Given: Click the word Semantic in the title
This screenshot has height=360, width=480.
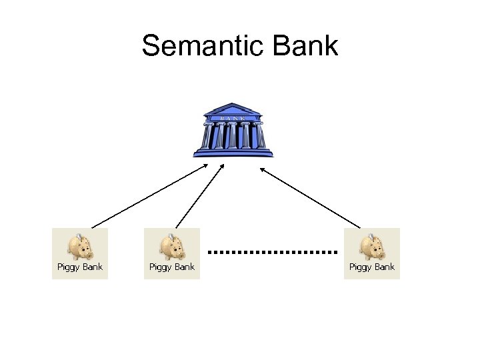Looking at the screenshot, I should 200,47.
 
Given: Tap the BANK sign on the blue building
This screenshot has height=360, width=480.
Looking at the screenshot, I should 233,117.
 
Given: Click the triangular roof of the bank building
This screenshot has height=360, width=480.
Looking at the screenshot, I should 233,109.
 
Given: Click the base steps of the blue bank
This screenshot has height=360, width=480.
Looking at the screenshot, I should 233,153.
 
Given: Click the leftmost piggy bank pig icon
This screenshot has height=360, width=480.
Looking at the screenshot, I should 80,247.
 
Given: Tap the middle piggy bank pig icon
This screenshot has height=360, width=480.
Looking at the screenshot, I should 172,247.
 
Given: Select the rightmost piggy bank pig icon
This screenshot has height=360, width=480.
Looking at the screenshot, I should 372,247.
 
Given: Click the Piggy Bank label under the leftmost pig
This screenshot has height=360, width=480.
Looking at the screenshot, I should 80,267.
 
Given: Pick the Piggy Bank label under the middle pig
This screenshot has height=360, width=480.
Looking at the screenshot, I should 172,267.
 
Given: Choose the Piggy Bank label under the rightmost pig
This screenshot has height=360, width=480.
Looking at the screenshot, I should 372,267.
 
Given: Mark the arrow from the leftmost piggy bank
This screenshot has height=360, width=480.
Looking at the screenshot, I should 150,196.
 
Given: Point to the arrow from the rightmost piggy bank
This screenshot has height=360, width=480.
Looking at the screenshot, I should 310,197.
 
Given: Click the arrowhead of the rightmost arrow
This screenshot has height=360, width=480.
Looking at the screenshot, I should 262,169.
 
